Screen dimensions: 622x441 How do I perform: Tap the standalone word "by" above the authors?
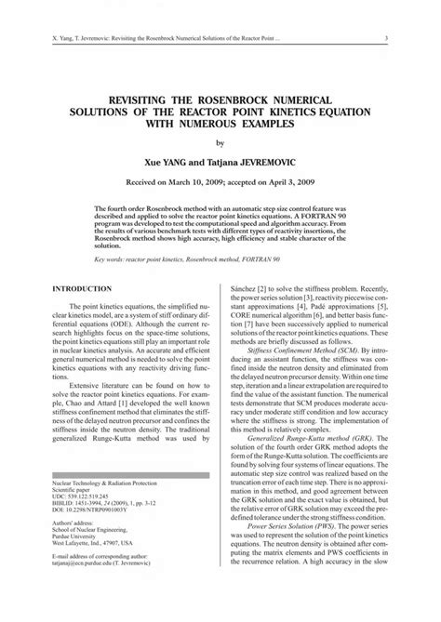tap(220, 143)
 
